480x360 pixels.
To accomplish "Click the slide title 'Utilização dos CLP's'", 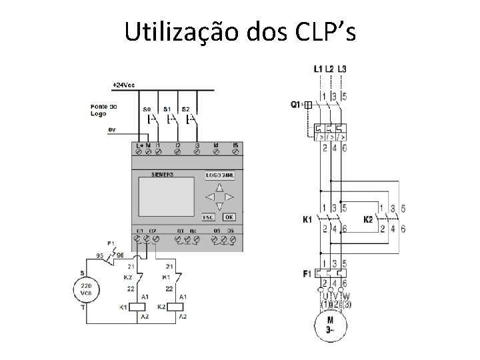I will [240, 31].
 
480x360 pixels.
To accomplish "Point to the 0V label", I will [111, 129].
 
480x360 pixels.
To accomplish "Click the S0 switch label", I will [147, 109].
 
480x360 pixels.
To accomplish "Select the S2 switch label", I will [186, 109].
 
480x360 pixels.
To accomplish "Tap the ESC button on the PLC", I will [208, 217].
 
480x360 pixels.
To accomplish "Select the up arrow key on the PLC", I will [219, 188].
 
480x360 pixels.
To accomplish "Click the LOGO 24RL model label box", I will [218, 175].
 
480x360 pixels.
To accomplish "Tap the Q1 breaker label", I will [296, 105].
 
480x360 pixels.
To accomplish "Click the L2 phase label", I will [331, 69].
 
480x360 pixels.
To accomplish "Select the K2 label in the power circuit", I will [367, 219].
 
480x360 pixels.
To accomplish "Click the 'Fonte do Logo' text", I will [103, 110].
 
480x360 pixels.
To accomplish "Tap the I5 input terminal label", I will [235, 145].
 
